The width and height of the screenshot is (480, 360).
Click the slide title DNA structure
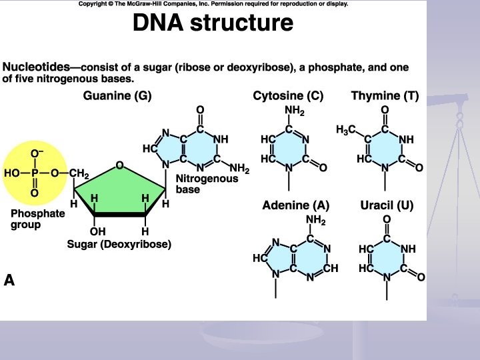[x=213, y=23]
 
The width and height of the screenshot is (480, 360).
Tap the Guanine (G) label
[x=117, y=96]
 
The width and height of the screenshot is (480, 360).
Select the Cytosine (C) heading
[x=288, y=96]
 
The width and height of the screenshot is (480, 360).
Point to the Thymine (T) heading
[x=385, y=96]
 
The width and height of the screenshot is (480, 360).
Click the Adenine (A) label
[x=296, y=205]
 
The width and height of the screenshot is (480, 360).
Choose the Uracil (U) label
[x=387, y=205]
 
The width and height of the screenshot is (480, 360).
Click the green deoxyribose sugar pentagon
[x=120, y=189]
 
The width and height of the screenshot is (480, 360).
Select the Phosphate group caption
[x=37, y=219]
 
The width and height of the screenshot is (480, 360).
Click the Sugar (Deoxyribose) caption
[x=119, y=245]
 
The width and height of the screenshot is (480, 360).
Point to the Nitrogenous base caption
[x=207, y=184]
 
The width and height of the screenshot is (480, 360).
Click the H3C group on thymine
[x=346, y=129]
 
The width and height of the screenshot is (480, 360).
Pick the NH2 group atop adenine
[x=316, y=219]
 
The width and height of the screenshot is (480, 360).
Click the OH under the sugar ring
[x=98, y=232]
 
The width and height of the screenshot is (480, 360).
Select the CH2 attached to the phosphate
[x=79, y=175]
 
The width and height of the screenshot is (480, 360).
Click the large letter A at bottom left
[x=9, y=281]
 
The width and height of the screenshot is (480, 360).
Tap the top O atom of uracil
[x=386, y=219]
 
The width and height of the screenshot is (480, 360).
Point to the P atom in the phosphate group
[x=35, y=174]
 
